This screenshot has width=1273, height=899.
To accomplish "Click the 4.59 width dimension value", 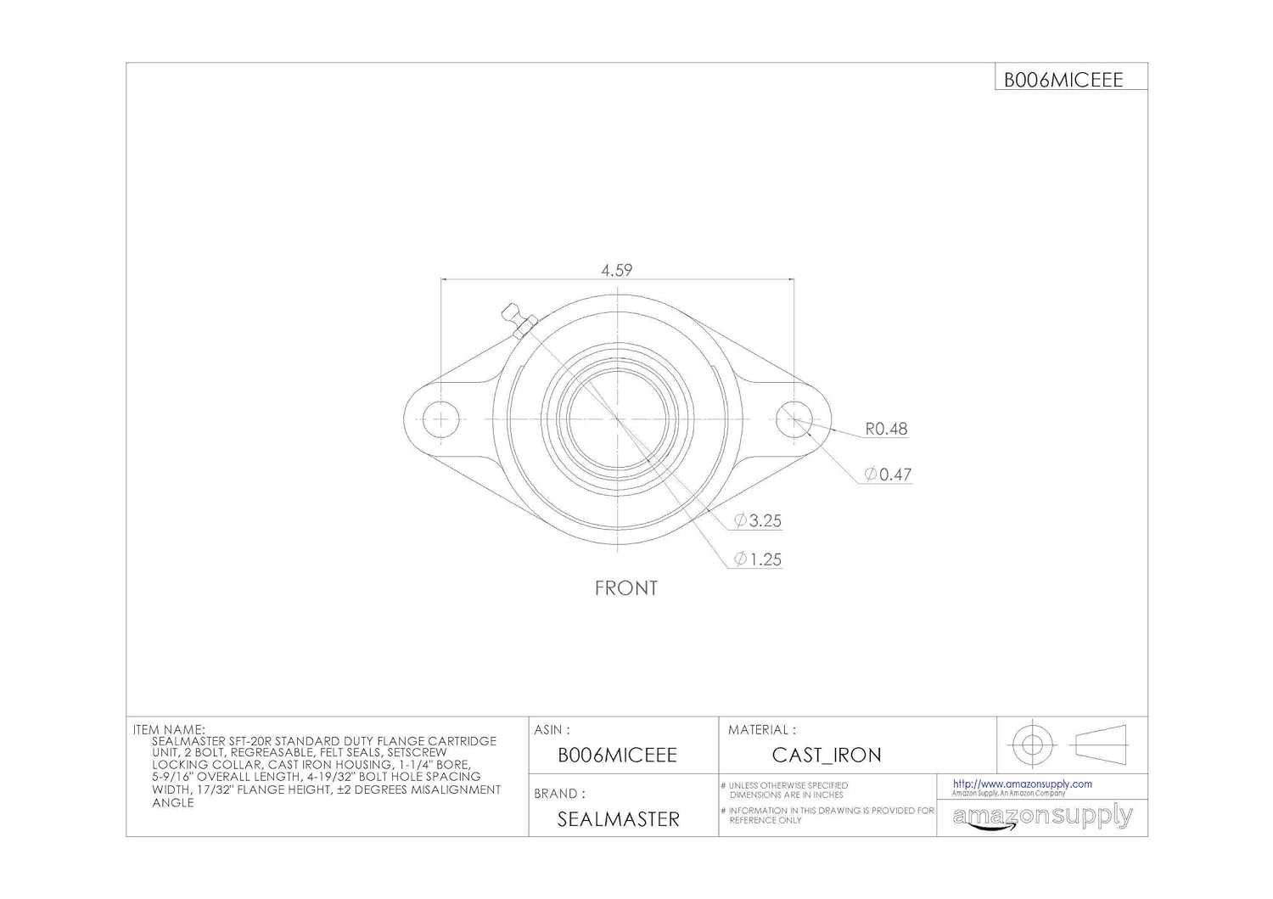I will (617, 270).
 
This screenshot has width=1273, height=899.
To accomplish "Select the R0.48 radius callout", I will (886, 429).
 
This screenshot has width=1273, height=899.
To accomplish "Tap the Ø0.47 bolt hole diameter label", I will (888, 475).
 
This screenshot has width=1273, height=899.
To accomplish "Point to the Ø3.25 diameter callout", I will (758, 520).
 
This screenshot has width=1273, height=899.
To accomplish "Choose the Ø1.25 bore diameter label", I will (758, 559).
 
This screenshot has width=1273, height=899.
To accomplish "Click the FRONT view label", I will (625, 587).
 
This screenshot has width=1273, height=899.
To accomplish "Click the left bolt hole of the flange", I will (441, 419).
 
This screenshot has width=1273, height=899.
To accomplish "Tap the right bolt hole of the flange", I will (794, 419).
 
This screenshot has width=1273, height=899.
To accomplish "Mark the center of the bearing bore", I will (618, 419).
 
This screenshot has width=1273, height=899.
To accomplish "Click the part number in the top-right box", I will (1063, 80).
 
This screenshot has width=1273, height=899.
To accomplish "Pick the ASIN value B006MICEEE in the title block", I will (617, 755).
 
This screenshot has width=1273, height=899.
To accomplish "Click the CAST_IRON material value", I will (826, 755).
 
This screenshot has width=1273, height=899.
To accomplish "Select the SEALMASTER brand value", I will (618, 819).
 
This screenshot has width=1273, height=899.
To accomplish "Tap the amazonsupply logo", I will (1042, 817).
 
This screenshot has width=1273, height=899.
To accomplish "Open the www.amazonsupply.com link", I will (1022, 784).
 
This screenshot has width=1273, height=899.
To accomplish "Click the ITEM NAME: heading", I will (169, 729).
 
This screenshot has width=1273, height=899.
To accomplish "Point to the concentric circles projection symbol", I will (1031, 744).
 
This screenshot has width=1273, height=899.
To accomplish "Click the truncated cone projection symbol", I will (1101, 744).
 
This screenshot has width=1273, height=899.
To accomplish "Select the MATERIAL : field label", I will (761, 729).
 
